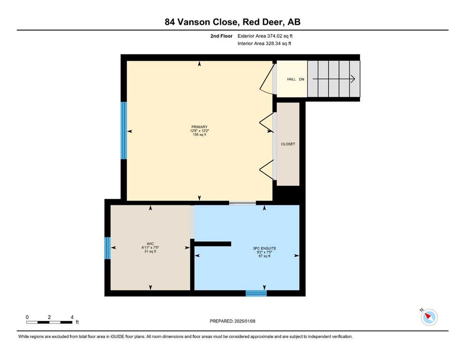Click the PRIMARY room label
[199, 127]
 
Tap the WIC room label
[150, 244]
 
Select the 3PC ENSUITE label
[265, 248]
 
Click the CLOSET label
[288, 144]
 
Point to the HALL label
[291, 79]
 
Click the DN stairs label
[302, 79]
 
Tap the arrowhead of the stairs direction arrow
[353, 79]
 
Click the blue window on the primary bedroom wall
[124, 131]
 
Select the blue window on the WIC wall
[108, 248]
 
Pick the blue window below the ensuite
[256, 293]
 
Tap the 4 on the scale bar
[72, 317]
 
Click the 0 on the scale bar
[27, 317]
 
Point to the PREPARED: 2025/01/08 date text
[232, 321]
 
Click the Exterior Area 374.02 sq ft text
[265, 36]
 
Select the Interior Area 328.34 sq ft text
[264, 43]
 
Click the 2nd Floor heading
[221, 36]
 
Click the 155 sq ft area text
[199, 135]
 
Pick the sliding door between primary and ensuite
[243, 203]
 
